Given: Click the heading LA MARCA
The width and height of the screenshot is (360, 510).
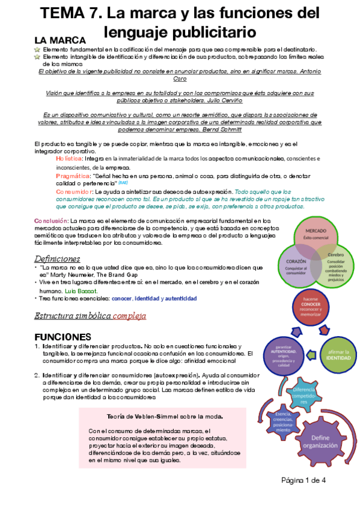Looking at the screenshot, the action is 59,40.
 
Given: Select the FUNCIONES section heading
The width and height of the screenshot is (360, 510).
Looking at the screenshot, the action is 63,336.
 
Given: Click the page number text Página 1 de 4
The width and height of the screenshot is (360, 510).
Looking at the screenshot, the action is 304,480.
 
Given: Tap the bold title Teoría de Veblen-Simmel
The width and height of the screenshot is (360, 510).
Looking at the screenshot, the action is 164,416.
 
